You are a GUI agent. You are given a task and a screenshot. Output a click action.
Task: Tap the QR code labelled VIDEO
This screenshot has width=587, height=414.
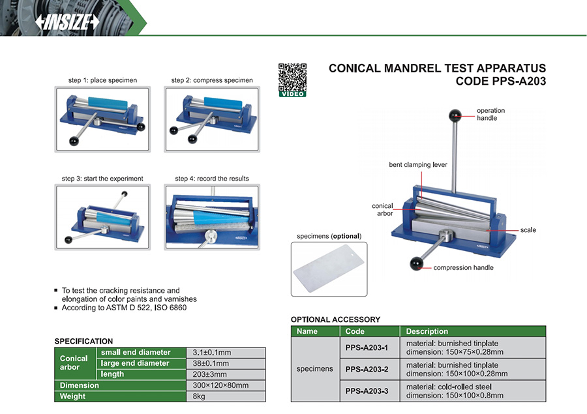pyautogui.click(x=292, y=78)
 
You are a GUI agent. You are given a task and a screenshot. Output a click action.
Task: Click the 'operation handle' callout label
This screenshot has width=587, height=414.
pyautogui.click(x=490, y=114)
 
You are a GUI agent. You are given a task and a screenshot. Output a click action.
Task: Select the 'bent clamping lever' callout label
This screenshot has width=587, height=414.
pyautogui.click(x=418, y=165)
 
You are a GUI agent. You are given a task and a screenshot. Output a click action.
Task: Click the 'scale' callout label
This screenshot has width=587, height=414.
pyautogui.click(x=528, y=230)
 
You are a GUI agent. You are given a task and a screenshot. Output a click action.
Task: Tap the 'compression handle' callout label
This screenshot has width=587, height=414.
pyautogui.click(x=463, y=267)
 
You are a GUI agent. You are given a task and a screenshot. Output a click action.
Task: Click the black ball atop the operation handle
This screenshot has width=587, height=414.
pyautogui.click(x=455, y=117)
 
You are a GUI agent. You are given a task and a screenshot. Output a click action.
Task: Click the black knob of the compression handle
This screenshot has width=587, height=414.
pyautogui.click(x=416, y=263)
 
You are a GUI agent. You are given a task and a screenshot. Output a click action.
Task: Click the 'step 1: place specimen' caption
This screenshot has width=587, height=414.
pyautogui.click(x=102, y=80)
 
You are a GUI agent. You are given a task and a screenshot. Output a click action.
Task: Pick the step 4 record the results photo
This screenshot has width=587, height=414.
pyautogui.click(x=211, y=217)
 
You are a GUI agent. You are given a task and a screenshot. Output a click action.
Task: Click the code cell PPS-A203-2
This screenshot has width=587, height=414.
pyautogui.click(x=366, y=369)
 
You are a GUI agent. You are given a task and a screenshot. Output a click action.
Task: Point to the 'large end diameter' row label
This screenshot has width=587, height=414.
pyautogui.click(x=134, y=363)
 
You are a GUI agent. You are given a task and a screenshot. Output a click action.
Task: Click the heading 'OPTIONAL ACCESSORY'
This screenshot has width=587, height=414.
pyautogui.click(x=335, y=319)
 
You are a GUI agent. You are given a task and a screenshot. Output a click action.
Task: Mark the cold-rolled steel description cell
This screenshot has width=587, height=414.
pyautogui.click(x=473, y=391)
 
